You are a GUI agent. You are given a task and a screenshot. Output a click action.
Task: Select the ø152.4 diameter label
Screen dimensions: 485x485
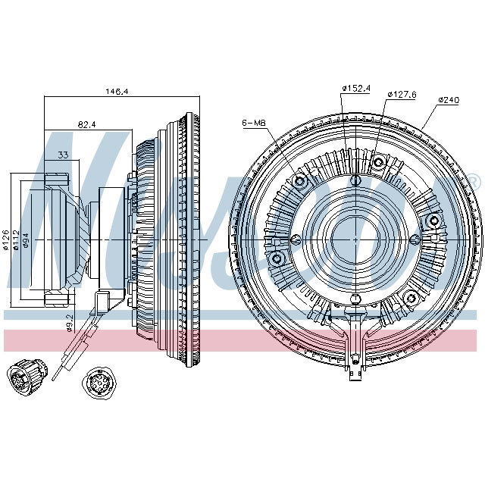(x=355, y=89)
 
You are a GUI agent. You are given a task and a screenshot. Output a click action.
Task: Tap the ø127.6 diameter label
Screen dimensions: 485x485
(x=402, y=95)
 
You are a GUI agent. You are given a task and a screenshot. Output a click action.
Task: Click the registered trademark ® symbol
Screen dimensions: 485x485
(x=474, y=181)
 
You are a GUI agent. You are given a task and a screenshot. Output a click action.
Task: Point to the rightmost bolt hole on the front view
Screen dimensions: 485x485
(x=435, y=220)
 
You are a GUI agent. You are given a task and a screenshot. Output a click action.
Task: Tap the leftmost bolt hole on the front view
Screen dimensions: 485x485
(x=277, y=259)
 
